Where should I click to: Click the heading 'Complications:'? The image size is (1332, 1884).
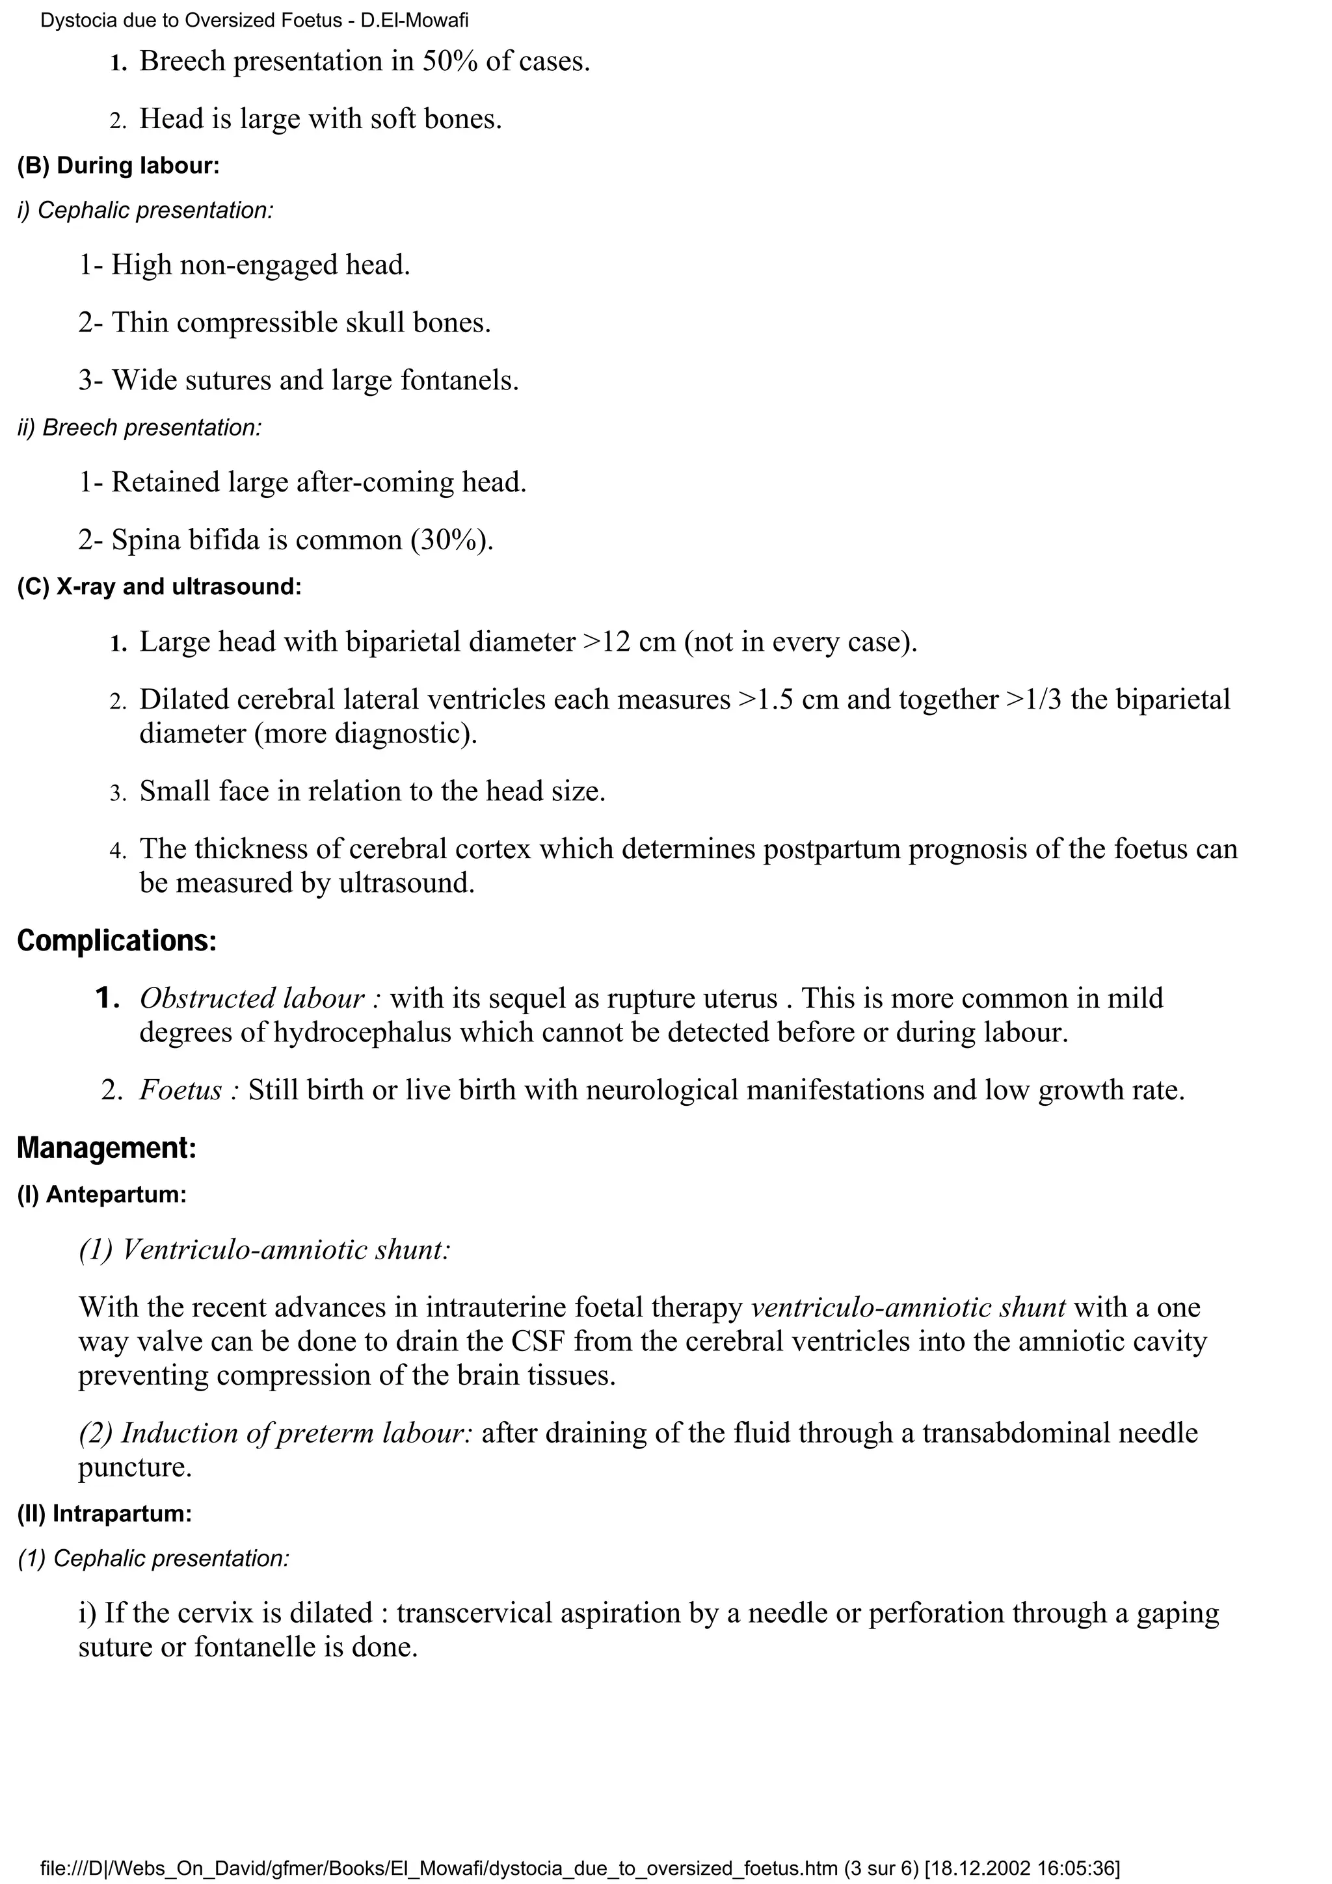coord(116,941)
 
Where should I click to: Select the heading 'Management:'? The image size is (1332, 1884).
coord(107,1147)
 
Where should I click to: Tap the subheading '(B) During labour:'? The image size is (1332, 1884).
coord(118,166)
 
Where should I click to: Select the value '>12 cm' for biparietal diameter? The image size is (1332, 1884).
coord(630,642)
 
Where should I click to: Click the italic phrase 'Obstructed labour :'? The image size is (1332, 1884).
coord(260,999)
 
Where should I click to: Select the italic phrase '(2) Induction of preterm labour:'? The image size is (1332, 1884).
coord(276,1433)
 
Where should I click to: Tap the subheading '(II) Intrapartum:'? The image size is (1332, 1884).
coord(104,1514)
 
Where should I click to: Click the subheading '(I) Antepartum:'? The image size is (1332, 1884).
coord(101,1195)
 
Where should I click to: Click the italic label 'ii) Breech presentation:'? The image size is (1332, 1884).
coord(140,428)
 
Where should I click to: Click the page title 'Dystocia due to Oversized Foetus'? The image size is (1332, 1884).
coord(191,21)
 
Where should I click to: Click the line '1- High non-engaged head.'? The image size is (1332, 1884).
coord(244,265)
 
